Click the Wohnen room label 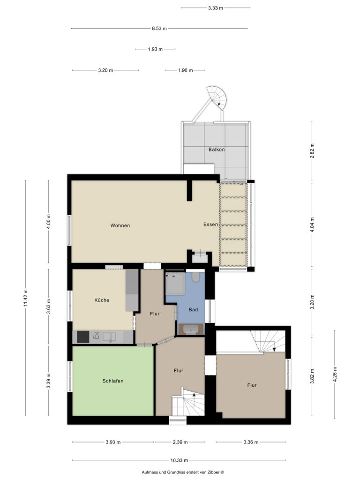[x=120, y=225]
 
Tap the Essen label [x=210, y=225]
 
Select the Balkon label [x=217, y=150]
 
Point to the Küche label [x=102, y=300]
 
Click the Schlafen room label [x=113, y=381]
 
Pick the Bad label [x=193, y=310]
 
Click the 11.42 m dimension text [x=26, y=298]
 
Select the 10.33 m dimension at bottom [x=179, y=460]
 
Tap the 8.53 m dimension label [x=159, y=29]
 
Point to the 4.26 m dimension [x=335, y=374]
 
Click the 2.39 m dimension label [x=180, y=442]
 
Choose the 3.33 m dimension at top [x=216, y=8]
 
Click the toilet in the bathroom [x=195, y=277]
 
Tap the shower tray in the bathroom [x=175, y=284]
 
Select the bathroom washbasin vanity [x=191, y=329]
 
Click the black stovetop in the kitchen [x=83, y=337]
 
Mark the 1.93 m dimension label [x=155, y=49]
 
